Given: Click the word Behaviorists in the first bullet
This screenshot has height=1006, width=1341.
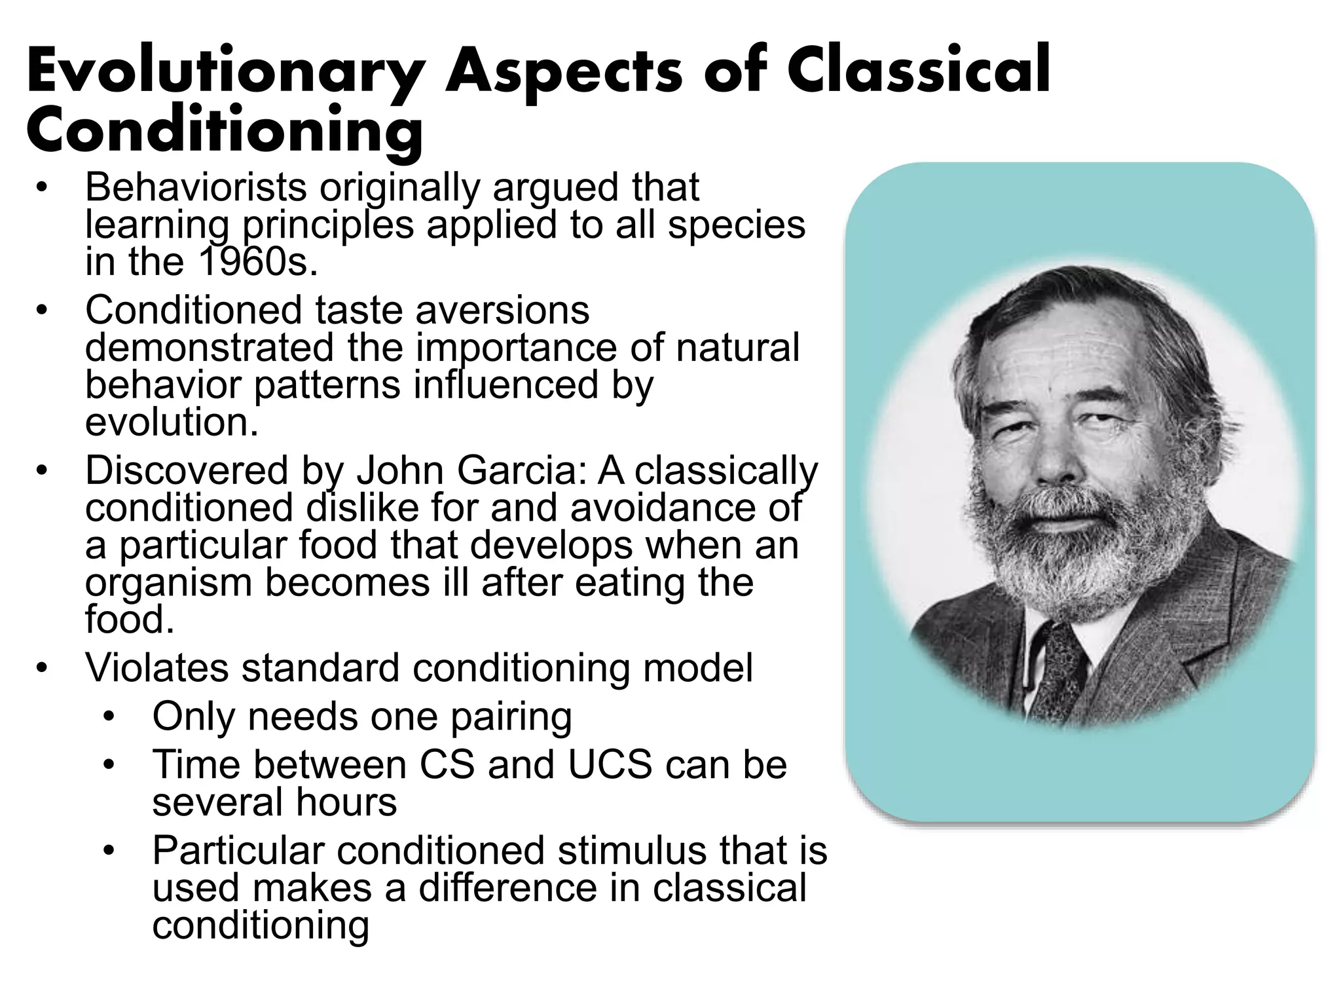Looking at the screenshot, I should coord(196,187).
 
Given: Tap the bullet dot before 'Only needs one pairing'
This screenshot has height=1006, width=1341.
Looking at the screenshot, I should coord(109,717).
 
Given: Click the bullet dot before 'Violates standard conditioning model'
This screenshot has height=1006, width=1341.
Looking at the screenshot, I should coord(42,669).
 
